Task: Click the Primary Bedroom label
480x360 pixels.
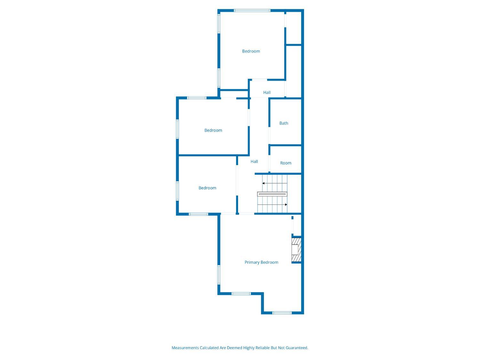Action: (x=261, y=262)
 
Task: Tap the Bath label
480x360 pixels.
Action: (x=284, y=123)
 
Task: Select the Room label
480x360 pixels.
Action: (x=285, y=163)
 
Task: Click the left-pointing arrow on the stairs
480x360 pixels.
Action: (x=275, y=183)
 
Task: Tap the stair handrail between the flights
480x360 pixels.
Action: (x=272, y=194)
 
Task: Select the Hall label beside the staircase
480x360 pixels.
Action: (x=254, y=162)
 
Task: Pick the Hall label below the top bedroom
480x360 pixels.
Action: (x=267, y=92)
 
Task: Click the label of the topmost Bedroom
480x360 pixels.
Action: (x=251, y=51)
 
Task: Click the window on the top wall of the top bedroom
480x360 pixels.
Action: (x=252, y=11)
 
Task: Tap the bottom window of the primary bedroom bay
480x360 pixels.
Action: (x=282, y=313)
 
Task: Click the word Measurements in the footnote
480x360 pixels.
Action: (x=185, y=348)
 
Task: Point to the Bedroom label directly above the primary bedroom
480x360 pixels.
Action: (x=207, y=188)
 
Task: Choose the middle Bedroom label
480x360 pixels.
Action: (x=213, y=131)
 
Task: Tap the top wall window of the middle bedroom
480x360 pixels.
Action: (x=196, y=98)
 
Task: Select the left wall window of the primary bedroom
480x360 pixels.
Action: (x=219, y=275)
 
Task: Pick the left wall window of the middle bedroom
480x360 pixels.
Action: (x=177, y=129)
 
